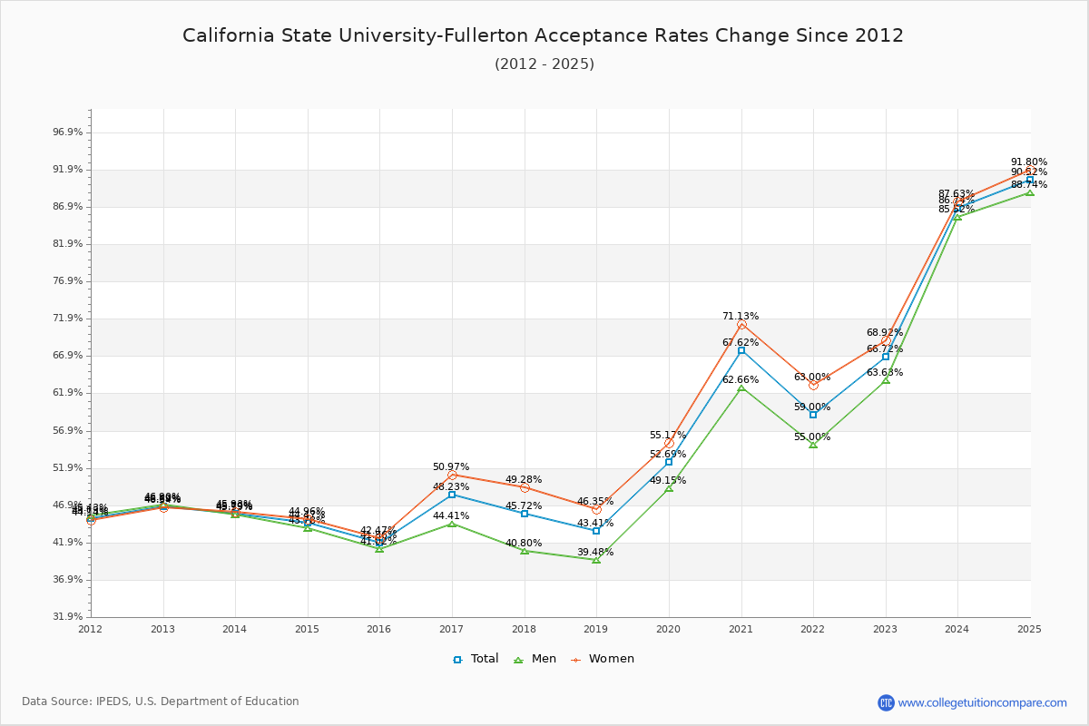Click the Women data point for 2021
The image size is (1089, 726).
[x=741, y=325]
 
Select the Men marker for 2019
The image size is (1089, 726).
[x=596, y=560]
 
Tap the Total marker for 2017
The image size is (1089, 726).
[x=452, y=495]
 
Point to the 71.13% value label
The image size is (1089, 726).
[x=741, y=317]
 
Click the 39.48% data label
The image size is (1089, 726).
[x=595, y=553]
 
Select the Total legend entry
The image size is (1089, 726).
[x=476, y=659]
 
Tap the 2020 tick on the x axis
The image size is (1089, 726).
[x=669, y=628]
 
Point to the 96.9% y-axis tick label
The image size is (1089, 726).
[x=68, y=132]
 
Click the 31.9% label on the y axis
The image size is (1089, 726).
[x=68, y=616]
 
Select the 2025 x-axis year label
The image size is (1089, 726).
[x=1029, y=628]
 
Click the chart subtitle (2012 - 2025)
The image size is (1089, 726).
[x=544, y=64]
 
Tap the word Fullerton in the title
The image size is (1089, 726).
[x=495, y=35]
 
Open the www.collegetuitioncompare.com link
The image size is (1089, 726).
[x=982, y=702]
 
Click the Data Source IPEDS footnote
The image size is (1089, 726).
[x=161, y=701]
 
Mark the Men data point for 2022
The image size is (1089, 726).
[x=813, y=444]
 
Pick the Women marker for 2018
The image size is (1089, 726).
[x=525, y=487]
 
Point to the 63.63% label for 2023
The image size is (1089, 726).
[x=885, y=373]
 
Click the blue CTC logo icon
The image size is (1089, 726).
[x=886, y=702]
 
